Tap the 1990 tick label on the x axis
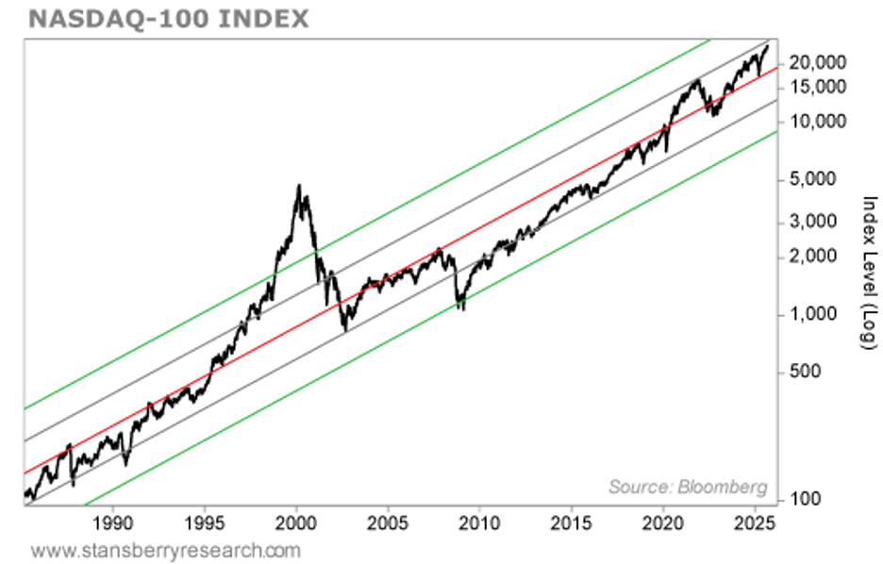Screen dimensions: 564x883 113,522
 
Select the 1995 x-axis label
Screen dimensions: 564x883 205,522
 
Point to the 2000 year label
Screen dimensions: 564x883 296,522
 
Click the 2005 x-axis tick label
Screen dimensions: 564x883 388,522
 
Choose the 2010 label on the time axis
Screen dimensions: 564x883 479,522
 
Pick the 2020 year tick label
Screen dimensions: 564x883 663,522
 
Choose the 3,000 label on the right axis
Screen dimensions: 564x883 820,222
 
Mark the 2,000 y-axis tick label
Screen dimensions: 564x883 820,256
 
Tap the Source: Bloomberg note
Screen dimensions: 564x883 688,488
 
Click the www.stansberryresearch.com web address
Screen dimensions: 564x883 166,549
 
